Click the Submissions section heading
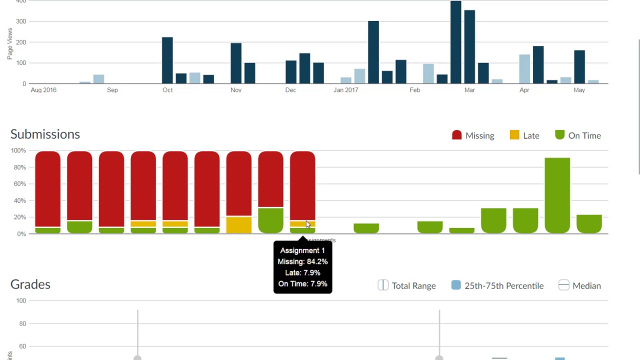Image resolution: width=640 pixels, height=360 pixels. click(45, 134)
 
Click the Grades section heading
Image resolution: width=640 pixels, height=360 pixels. click(30, 284)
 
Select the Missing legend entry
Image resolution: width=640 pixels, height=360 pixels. click(473, 135)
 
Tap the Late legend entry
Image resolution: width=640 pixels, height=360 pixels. click(524, 135)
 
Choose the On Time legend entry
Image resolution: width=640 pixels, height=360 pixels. click(578, 135)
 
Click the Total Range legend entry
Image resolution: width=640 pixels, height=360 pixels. click(407, 285)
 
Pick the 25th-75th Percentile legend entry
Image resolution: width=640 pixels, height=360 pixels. click(497, 285)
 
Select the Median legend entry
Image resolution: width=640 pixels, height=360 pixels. click(579, 285)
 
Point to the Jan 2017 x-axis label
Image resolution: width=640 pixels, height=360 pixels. click(345, 90)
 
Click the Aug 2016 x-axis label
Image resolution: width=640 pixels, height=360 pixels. click(43, 90)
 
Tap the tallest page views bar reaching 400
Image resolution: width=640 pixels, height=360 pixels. click(455, 42)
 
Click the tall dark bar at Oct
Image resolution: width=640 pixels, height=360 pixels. click(167, 60)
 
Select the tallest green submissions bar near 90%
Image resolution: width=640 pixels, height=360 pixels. click(557, 195)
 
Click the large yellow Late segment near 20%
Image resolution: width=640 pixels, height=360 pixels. click(239, 225)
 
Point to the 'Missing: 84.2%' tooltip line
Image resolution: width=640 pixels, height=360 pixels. click(302, 261)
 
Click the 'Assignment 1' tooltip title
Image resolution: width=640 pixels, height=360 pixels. click(302, 250)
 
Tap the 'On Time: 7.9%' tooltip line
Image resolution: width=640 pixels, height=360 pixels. click(302, 283)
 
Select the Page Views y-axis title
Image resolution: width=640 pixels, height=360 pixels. click(9, 44)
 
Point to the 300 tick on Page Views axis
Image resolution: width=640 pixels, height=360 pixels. click(20, 21)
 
